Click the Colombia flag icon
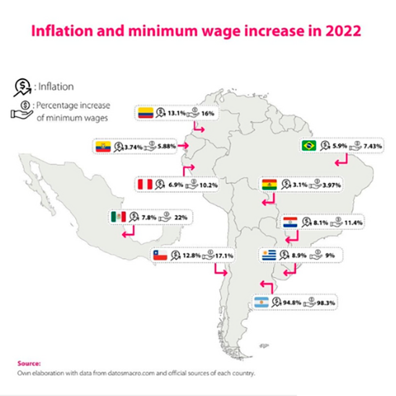(x=145, y=112)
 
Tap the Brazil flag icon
(x=308, y=146)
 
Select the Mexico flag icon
(x=119, y=217)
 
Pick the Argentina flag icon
(x=264, y=303)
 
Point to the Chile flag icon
(x=160, y=254)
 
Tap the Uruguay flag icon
(x=269, y=255)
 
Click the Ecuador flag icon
(x=103, y=146)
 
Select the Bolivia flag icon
(x=270, y=184)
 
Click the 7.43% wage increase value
(x=374, y=146)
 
